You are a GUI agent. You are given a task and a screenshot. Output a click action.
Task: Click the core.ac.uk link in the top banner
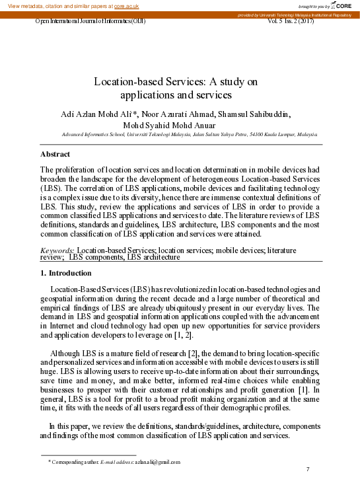coord(126,5)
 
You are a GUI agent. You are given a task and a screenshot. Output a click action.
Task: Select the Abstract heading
coord(55,154)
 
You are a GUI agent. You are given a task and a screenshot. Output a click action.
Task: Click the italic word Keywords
coord(57,251)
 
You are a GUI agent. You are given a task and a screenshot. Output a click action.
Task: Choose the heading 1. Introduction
coord(66,273)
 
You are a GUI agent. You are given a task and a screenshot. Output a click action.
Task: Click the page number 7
coord(308,469)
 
